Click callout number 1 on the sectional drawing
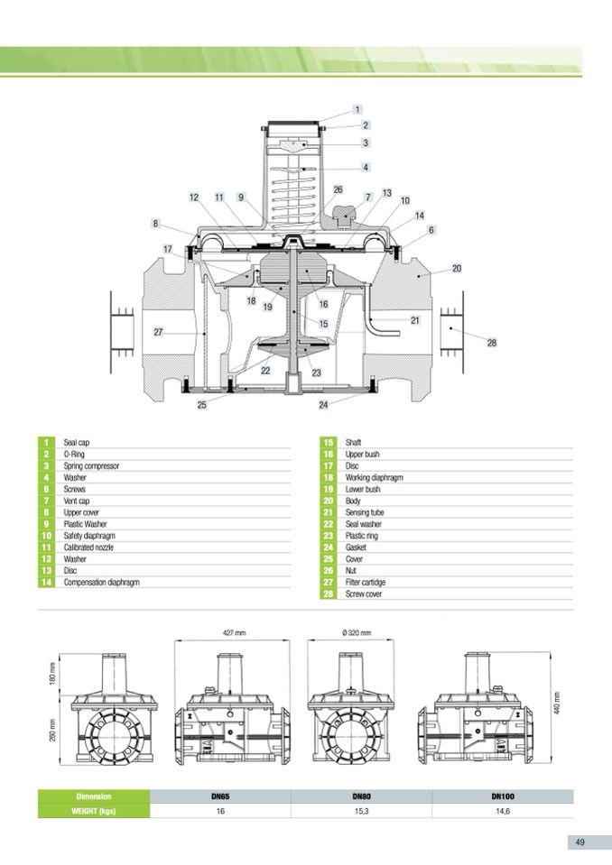[357, 110]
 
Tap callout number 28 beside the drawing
[492, 343]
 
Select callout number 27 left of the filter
[158, 332]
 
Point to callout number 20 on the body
[457, 269]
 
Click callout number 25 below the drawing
[202, 405]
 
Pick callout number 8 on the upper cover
[155, 224]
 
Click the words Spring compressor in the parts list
[91, 466]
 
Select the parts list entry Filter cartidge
[366, 583]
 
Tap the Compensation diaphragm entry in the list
[101, 583]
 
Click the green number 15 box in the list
[329, 443]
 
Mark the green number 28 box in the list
[329, 594]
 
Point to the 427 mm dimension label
[234, 633]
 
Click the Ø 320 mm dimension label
[356, 633]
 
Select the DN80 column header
[361, 796]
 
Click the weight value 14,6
[503, 812]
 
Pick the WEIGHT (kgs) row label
[94, 812]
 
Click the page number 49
[580, 842]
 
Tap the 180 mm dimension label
[53, 674]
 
